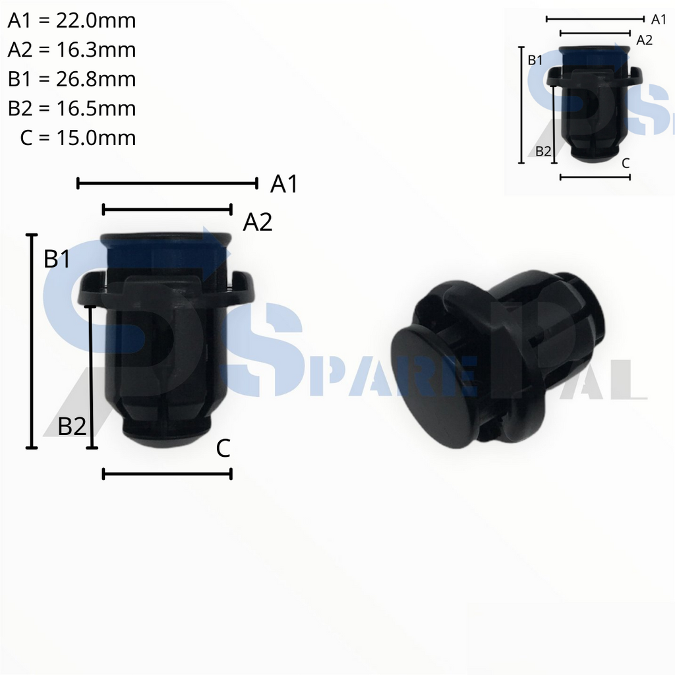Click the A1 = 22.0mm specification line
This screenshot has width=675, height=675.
[x=72, y=21]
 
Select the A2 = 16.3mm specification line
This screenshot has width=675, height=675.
[x=72, y=50]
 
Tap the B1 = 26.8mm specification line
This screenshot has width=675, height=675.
[x=72, y=79]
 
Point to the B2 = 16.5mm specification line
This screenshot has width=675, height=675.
[x=72, y=108]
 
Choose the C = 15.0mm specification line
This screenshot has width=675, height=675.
[x=78, y=137]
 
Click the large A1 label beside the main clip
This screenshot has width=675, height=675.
[x=284, y=185]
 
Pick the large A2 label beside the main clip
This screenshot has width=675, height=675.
[x=258, y=223]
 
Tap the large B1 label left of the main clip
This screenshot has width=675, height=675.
[x=57, y=260]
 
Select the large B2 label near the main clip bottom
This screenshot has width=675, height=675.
[x=72, y=427]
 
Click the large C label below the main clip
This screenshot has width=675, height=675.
[x=223, y=450]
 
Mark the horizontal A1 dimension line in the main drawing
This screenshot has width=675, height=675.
[x=167, y=183]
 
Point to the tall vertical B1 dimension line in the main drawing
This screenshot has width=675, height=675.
[x=31, y=341]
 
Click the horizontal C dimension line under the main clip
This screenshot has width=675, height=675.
[x=167, y=473]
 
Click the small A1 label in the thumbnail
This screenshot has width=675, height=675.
[x=659, y=20]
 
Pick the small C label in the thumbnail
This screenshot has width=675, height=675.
[x=626, y=163]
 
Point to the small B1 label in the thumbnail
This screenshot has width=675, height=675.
[x=535, y=60]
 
